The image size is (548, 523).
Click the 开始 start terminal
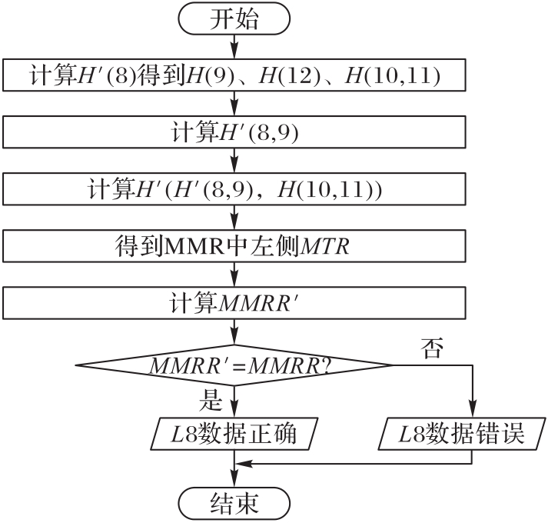(x=234, y=18)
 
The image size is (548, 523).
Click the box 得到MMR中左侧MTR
(x=234, y=247)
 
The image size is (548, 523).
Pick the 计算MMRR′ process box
(x=234, y=302)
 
